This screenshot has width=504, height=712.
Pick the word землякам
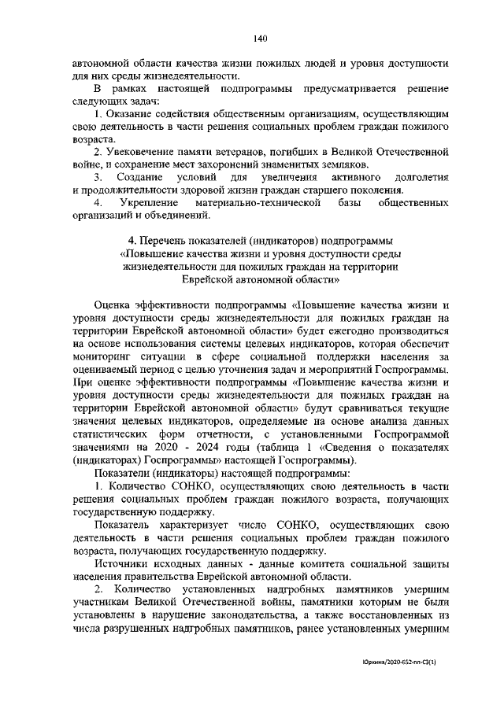coord(340,164)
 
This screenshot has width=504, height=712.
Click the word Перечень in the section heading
coord(165,240)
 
